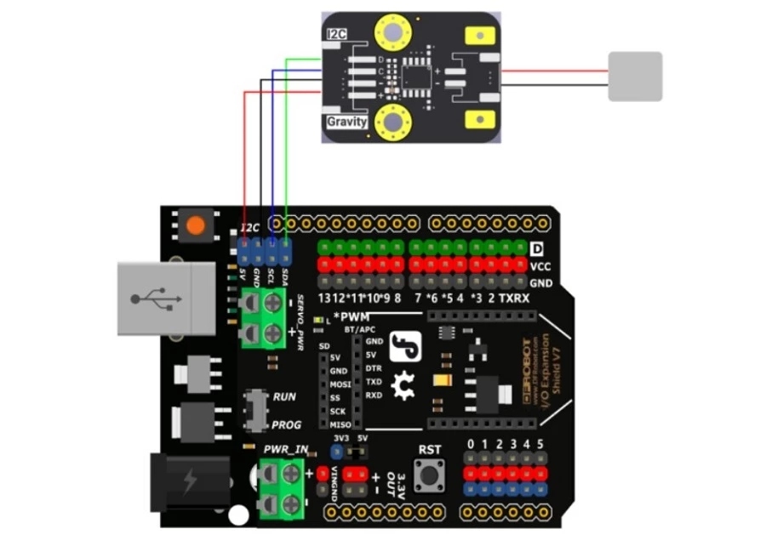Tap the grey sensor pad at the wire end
click(x=635, y=76)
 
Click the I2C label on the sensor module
click(x=337, y=34)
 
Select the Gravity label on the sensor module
click(x=346, y=122)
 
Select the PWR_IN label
click(x=286, y=449)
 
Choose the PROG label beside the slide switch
click(x=286, y=424)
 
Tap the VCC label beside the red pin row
click(x=540, y=265)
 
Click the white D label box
click(x=536, y=248)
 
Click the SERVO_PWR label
click(x=300, y=323)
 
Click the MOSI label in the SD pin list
click(x=340, y=384)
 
